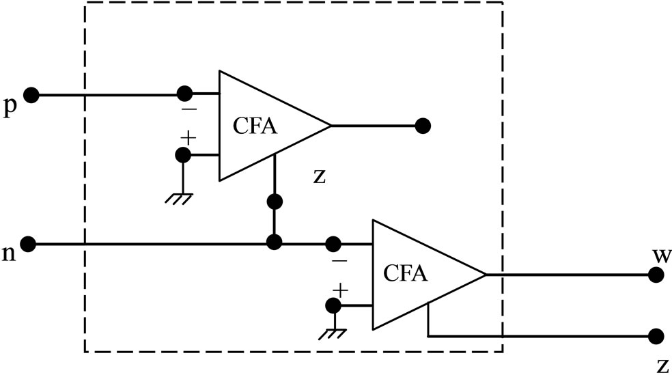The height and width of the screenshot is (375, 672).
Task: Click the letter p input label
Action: [9, 108]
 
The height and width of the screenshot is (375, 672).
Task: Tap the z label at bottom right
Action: [661, 367]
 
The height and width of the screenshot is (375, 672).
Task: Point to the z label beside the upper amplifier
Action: [319, 176]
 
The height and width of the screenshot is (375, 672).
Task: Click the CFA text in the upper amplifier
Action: [255, 126]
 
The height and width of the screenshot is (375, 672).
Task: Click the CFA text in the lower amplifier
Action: [406, 274]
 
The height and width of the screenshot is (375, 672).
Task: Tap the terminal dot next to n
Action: [29, 242]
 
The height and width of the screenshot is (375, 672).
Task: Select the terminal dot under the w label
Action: [656, 275]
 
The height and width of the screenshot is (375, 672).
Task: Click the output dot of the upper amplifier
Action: [423, 126]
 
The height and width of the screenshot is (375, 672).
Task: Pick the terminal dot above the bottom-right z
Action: [656, 336]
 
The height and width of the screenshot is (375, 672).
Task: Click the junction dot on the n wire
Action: [274, 242]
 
